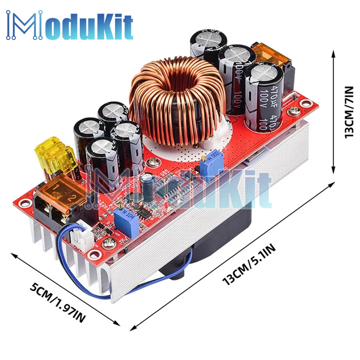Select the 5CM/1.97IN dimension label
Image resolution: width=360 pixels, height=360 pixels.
click(x=58, y=302)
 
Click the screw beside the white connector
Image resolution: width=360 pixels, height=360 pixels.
click(x=107, y=244)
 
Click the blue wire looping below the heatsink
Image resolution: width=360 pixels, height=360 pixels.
click(x=108, y=288)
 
